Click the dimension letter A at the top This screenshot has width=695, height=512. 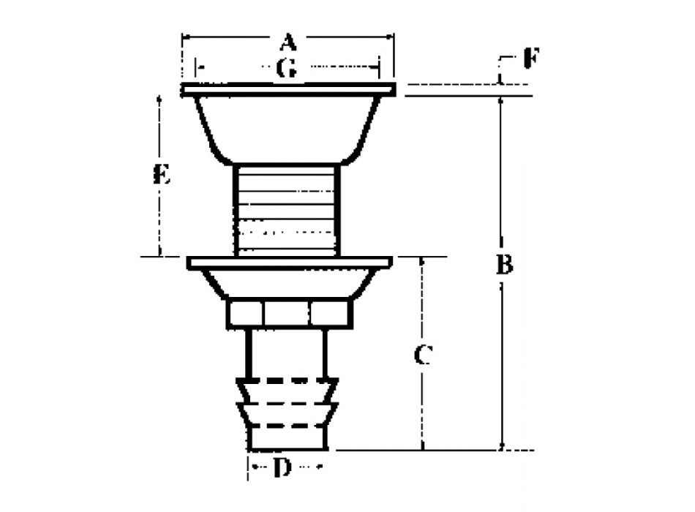pyautogui.click(x=288, y=40)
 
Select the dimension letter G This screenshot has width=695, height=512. pyautogui.click(x=286, y=69)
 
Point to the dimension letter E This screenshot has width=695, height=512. pyautogui.click(x=162, y=175)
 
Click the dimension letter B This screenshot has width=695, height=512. pyautogui.click(x=504, y=265)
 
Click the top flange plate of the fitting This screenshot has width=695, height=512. pyautogui.click(x=288, y=90)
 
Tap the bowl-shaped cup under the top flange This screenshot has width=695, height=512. pyautogui.click(x=287, y=128)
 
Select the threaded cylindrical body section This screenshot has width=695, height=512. pyautogui.click(x=286, y=209)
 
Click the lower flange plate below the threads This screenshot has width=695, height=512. pyautogui.click(x=290, y=262)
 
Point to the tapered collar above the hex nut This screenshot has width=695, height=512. pyautogui.click(x=288, y=283)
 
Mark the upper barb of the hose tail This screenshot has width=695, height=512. pyautogui.click(x=286, y=391)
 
